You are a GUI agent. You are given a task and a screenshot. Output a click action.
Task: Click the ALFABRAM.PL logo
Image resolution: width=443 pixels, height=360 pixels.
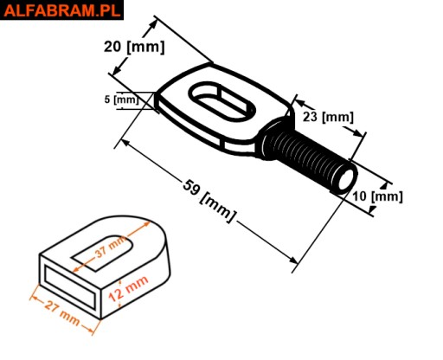61,10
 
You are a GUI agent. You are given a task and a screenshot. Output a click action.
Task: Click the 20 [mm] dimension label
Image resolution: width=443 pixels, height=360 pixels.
134,47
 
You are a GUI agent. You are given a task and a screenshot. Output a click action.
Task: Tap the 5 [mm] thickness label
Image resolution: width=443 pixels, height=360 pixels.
121,100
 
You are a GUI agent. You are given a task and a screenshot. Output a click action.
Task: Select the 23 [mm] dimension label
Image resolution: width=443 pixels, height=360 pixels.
328,117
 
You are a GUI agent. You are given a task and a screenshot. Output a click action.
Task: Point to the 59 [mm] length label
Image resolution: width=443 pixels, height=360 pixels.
209,201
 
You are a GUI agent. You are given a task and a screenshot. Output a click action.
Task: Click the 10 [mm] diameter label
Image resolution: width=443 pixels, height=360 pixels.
377,196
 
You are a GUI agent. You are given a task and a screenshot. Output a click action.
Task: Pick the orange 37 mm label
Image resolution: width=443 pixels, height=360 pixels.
111,247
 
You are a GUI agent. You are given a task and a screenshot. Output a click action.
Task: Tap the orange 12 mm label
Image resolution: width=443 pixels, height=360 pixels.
129,288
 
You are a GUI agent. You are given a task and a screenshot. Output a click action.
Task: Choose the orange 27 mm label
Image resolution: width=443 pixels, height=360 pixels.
62,313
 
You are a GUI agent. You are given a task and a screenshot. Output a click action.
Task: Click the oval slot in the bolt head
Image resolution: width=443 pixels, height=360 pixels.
221,101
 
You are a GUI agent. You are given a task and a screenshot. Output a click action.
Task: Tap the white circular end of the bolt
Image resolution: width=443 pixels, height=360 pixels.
347,179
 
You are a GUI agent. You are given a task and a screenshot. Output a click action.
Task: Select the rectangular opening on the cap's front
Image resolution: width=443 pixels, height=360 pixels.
70,287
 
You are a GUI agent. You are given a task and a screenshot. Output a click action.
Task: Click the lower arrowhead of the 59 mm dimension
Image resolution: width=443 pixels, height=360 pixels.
292,260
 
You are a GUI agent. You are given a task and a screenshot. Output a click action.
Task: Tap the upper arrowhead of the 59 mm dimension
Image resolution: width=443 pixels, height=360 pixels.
125,143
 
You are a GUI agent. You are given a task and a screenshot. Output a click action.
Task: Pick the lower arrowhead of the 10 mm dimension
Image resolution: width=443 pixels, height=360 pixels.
372,209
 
